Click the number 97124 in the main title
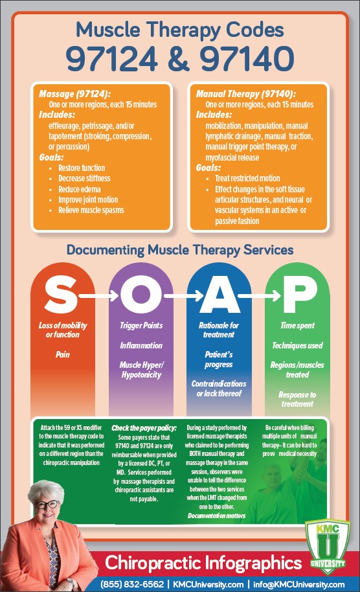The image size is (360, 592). pos(112,58)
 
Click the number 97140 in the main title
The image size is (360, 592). pos(247,58)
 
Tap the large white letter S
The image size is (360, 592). pos(62,295)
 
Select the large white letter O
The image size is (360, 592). pos(141,295)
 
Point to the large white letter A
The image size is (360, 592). pos(220,295)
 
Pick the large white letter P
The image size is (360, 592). pos(300,295)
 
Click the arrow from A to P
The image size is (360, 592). pos(260,295)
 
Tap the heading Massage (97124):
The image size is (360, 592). pos(74,94)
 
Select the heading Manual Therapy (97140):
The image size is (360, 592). pos(245,94)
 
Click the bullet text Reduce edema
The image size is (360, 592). pos(79,189)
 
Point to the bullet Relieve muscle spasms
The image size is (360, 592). pos(91,210)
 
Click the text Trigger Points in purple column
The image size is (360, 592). pos(141,325)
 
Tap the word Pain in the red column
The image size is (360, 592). pos(63,354)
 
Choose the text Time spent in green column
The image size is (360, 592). pos(297,325)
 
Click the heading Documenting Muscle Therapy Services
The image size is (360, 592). pos(180,250)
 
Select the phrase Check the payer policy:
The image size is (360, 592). pos(144,428)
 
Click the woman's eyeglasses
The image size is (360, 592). pos(47,504)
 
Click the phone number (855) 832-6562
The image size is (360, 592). pos(132,584)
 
